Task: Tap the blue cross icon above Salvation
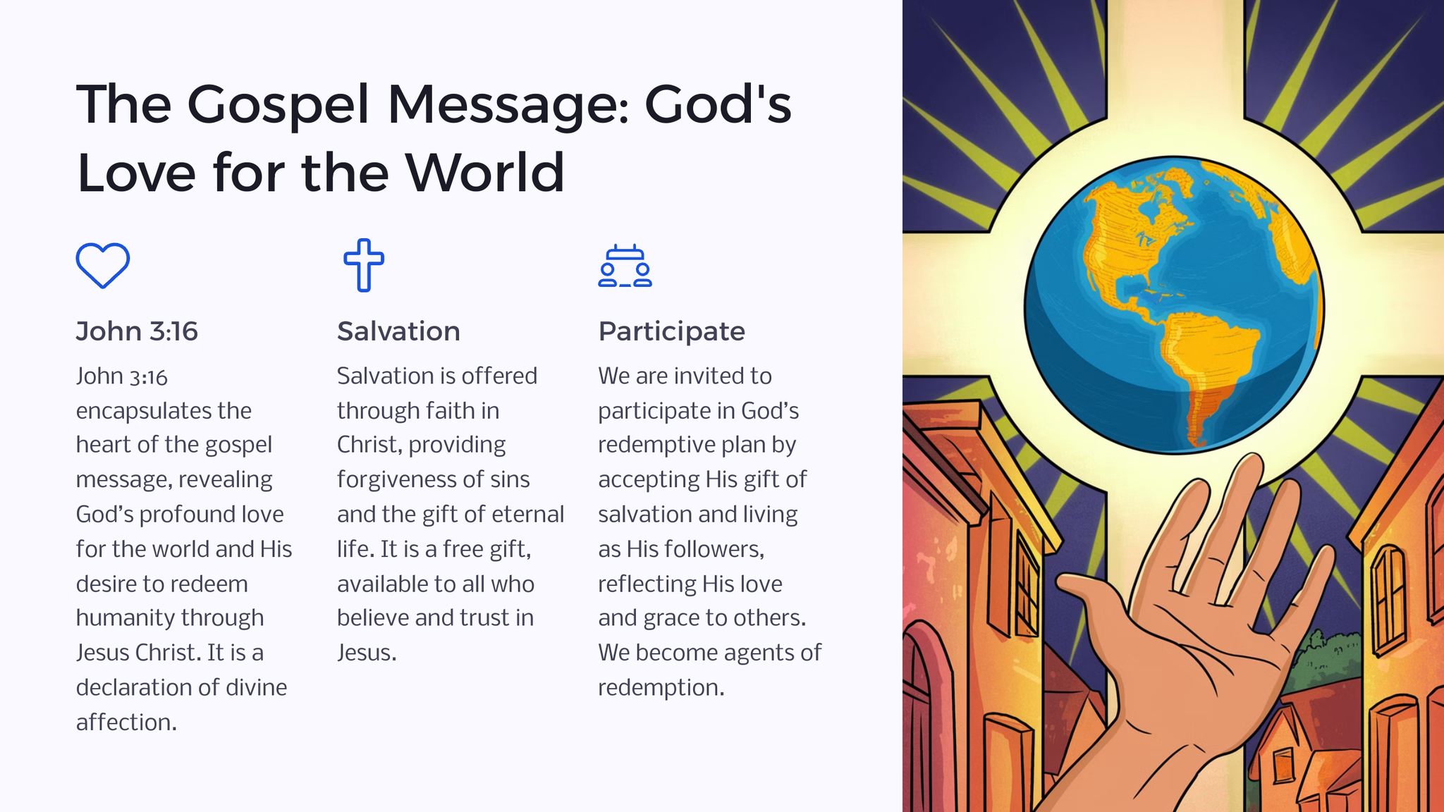point(364,265)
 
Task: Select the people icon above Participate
point(625,266)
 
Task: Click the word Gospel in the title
point(279,105)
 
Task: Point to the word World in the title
point(484,172)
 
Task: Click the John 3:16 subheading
point(137,331)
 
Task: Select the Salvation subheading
point(398,331)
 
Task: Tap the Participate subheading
point(671,331)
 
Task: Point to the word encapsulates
point(164,410)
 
